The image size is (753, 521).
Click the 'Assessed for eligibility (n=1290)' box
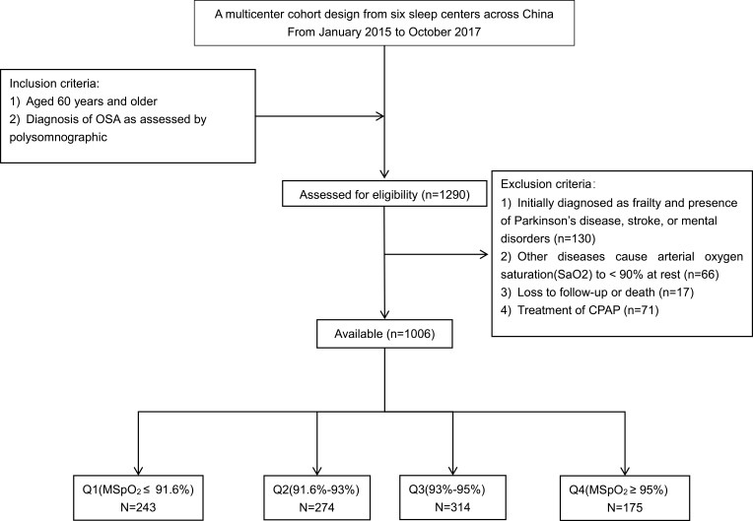(x=384, y=194)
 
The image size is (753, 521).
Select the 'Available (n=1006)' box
(x=384, y=334)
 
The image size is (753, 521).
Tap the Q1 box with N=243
(x=138, y=498)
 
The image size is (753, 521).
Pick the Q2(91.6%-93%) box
(x=317, y=498)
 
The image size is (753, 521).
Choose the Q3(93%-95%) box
(x=452, y=498)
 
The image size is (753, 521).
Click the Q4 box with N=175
(x=625, y=498)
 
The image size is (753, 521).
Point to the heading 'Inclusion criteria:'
(x=55, y=84)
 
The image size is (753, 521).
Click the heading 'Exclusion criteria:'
(x=548, y=184)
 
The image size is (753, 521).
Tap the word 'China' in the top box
(x=538, y=15)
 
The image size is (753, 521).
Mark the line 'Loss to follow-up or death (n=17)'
(x=605, y=293)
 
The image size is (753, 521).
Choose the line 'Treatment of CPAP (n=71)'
(x=587, y=310)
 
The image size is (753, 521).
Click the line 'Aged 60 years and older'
(x=92, y=101)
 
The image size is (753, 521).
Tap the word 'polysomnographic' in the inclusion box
(x=58, y=138)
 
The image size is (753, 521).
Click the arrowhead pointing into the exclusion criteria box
(x=484, y=254)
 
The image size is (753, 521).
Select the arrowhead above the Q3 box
(x=452, y=471)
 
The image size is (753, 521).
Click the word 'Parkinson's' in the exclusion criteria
(x=543, y=221)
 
